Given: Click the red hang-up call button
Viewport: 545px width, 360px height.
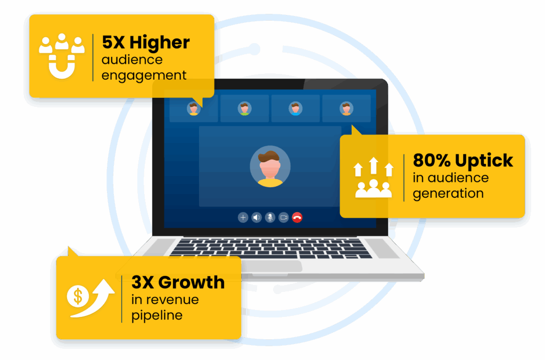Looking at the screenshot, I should click(x=297, y=217).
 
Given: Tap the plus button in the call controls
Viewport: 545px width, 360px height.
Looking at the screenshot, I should click(x=243, y=217).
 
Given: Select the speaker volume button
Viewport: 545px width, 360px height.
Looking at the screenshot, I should click(x=257, y=217).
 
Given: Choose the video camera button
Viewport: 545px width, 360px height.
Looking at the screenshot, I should click(x=284, y=217).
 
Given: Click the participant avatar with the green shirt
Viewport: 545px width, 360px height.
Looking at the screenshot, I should click(x=244, y=108).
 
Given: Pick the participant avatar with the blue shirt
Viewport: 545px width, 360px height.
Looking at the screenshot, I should click(x=295, y=108).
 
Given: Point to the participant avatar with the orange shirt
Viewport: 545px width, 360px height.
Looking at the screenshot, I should click(x=346, y=108).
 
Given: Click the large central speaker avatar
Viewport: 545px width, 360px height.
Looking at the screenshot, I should click(x=270, y=166).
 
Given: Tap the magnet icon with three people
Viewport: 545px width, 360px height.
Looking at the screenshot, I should click(x=62, y=56).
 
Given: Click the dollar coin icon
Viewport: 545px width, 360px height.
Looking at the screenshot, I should click(x=78, y=296).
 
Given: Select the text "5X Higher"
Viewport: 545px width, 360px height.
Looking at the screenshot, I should click(x=145, y=43).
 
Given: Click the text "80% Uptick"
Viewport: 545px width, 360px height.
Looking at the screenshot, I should click(x=463, y=161).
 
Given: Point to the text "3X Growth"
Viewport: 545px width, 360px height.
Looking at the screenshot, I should click(x=178, y=282).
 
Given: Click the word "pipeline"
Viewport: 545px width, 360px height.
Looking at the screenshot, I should click(x=157, y=315).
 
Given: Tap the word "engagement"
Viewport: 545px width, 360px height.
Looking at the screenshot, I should click(x=144, y=76).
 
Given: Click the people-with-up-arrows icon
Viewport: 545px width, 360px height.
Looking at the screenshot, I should click(x=374, y=178).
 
